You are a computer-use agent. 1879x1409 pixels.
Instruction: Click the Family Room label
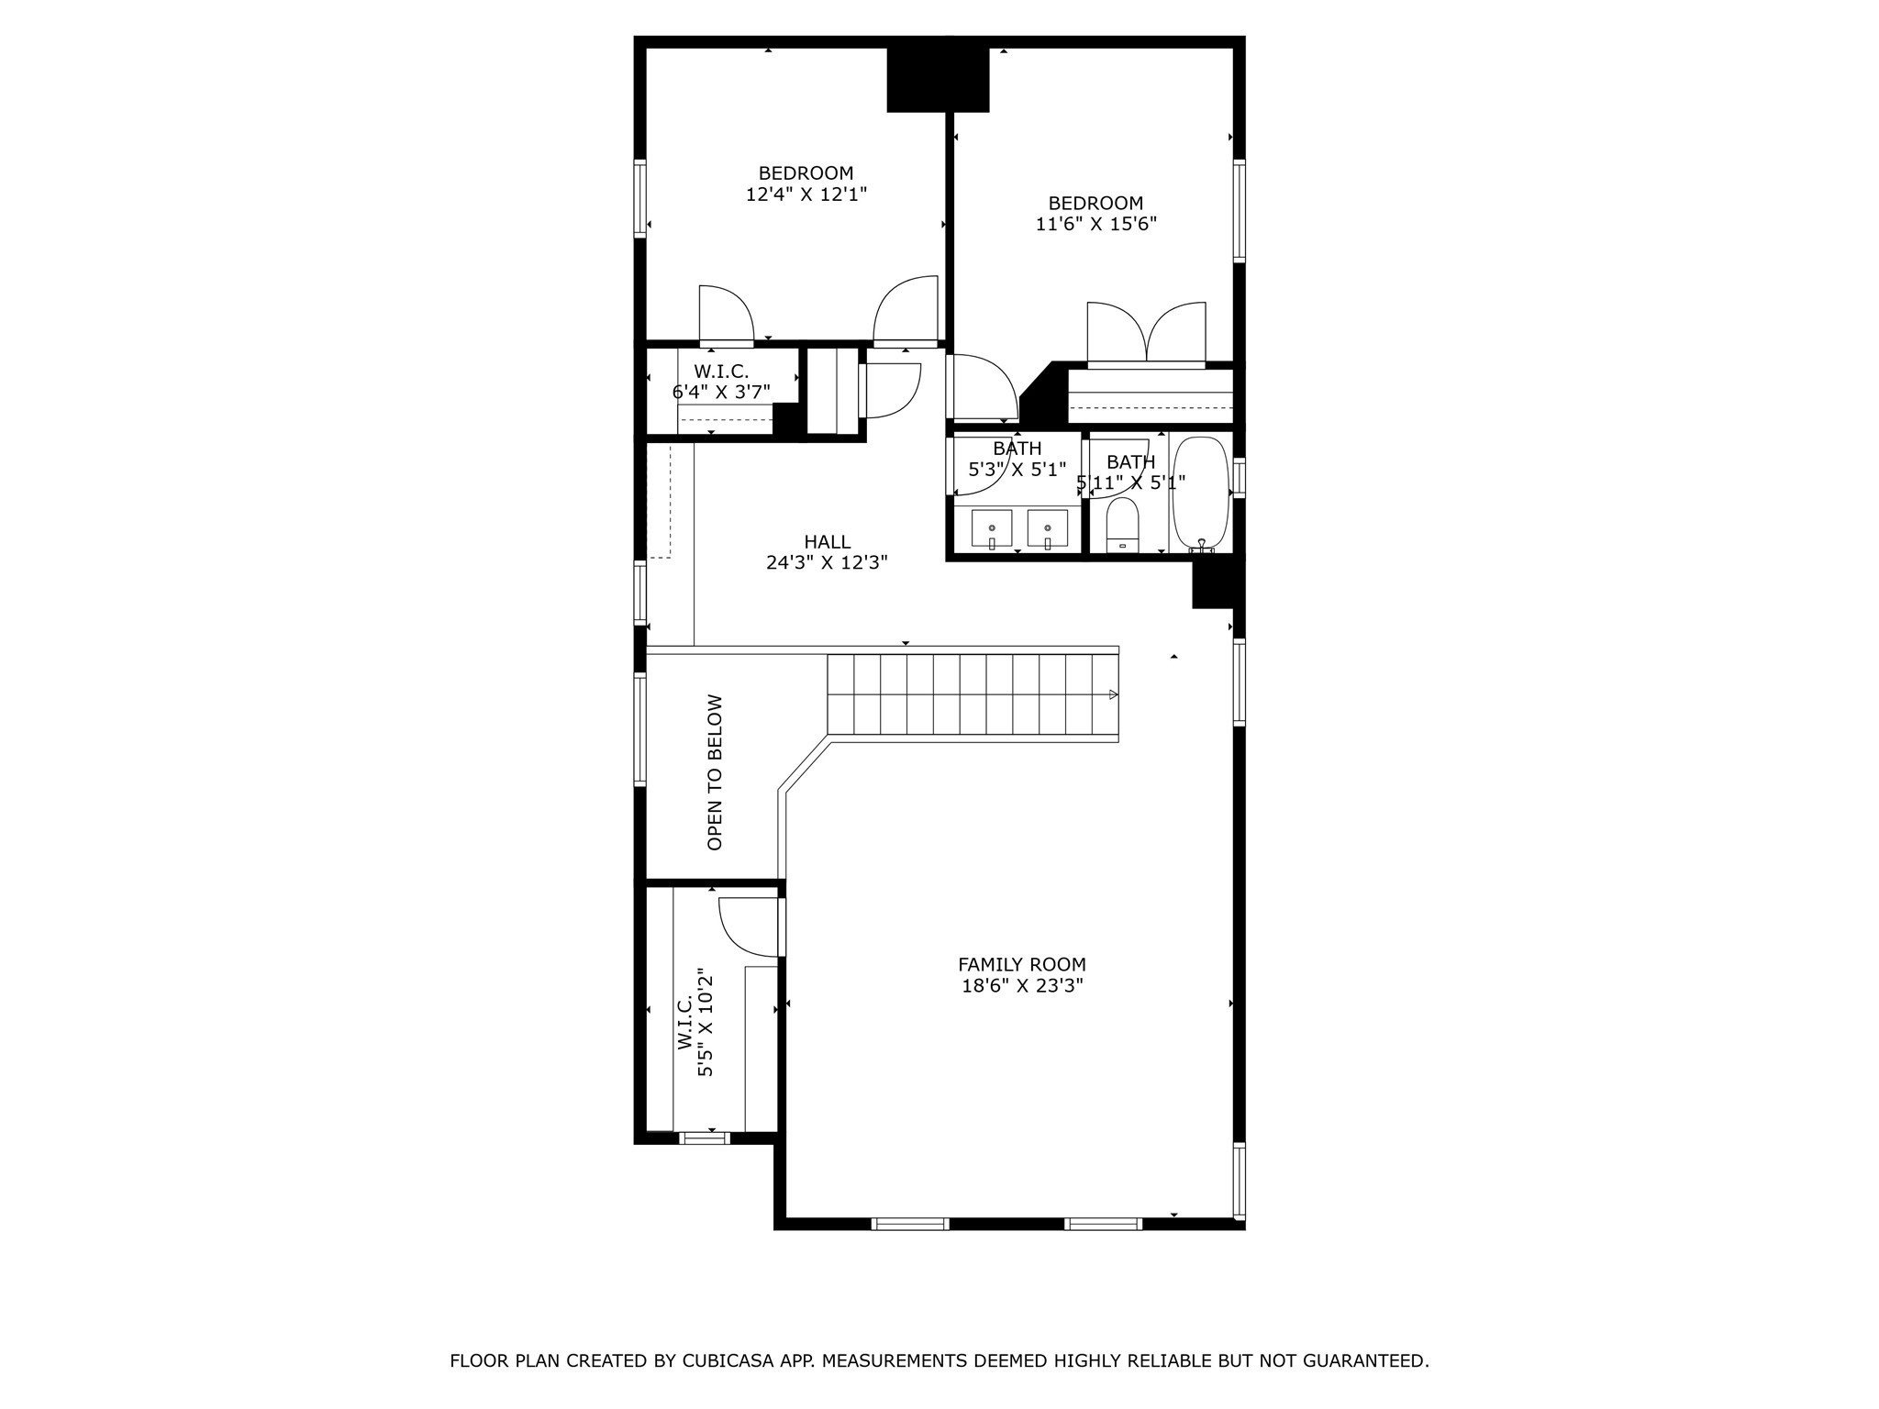pyautogui.click(x=1021, y=964)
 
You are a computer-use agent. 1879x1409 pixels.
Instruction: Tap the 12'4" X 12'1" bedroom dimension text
pyautogui.click(x=806, y=194)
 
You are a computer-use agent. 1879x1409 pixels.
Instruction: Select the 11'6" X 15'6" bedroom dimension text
pyautogui.click(x=1095, y=225)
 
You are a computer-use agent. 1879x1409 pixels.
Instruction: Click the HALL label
pyautogui.click(x=827, y=542)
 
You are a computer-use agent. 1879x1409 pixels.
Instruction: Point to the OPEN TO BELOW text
pyautogui.click(x=715, y=771)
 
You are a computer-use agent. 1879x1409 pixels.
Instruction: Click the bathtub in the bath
pyautogui.click(x=1201, y=495)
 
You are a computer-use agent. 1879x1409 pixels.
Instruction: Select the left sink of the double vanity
pyautogui.click(x=992, y=529)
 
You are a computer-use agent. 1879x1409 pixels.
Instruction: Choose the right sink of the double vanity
pyautogui.click(x=1047, y=529)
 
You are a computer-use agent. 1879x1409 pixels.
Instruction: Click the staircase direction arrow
pyautogui.click(x=1113, y=694)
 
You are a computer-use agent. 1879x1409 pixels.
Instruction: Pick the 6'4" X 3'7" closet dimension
pyautogui.click(x=721, y=393)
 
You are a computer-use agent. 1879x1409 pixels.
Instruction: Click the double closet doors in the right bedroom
pyautogui.click(x=1146, y=335)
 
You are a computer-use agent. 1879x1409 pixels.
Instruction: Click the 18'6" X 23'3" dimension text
pyautogui.click(x=1021, y=986)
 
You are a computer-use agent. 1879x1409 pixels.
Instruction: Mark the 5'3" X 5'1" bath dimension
pyautogui.click(x=1017, y=470)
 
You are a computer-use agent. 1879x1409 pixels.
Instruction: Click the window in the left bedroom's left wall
pyautogui.click(x=640, y=199)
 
